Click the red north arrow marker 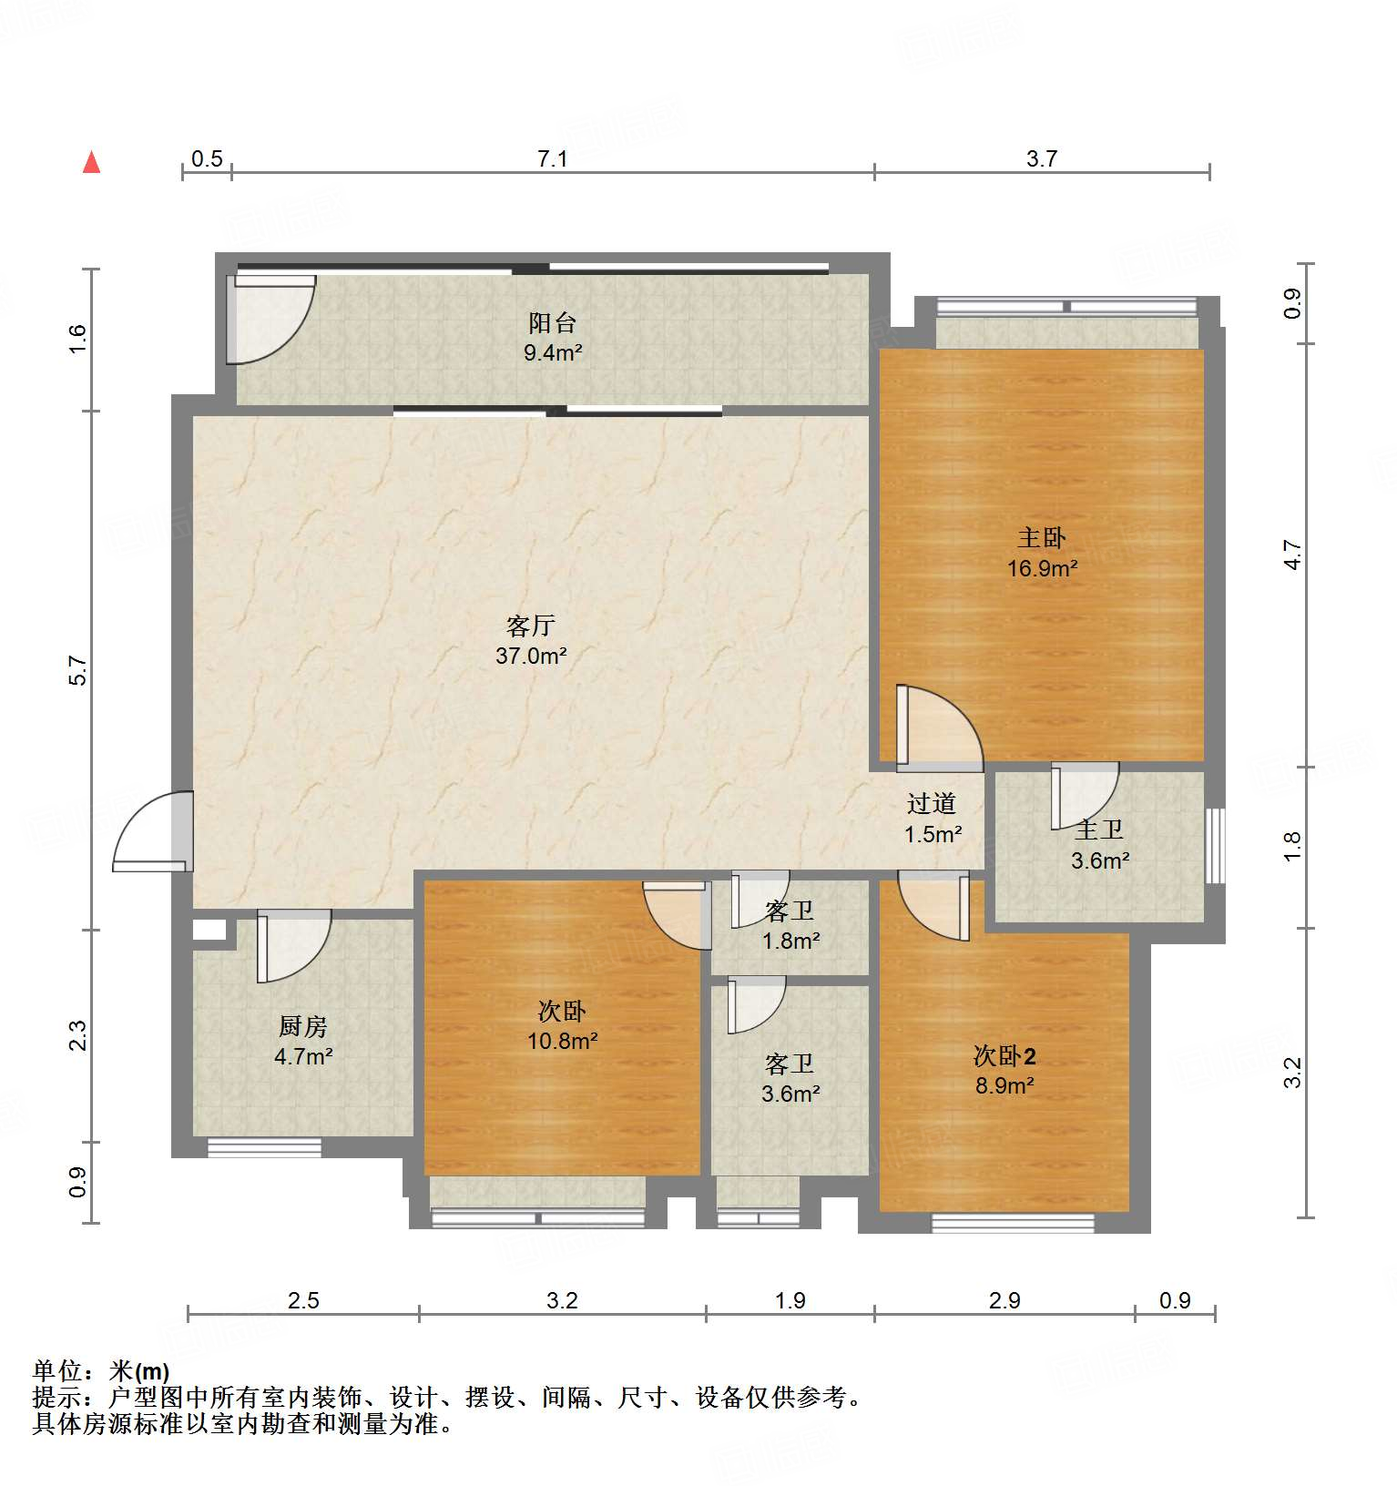point(91,162)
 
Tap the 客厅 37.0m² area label point(531,640)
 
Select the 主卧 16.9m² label point(1042,553)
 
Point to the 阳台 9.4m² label point(552,337)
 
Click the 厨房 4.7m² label point(302,1041)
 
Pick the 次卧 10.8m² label point(562,1025)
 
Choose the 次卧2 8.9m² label point(1004,1070)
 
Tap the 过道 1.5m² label point(932,818)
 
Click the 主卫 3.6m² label point(1099,845)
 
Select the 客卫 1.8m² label point(790,925)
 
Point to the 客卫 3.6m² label point(790,1078)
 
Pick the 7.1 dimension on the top point(552,159)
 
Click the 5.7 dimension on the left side point(79,670)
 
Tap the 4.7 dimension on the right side point(1293,555)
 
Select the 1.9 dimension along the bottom point(790,1300)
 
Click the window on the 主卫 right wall point(1215,845)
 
